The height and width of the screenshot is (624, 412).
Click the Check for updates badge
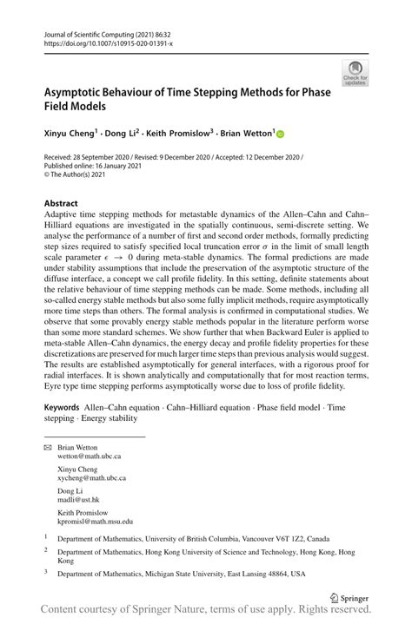[x=354, y=72]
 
